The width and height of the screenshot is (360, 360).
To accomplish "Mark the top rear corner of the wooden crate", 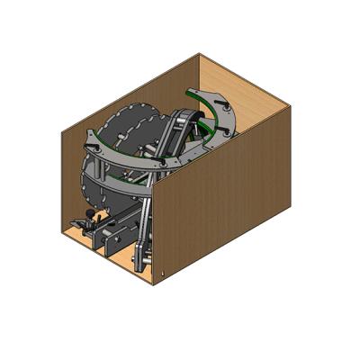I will [x=199, y=55].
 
